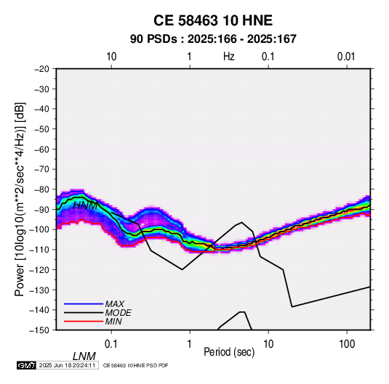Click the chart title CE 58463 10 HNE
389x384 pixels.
(x=213, y=20)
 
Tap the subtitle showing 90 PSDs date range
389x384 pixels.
(x=213, y=39)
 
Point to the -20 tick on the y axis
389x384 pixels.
(x=41, y=69)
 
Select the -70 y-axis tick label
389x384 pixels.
(x=41, y=169)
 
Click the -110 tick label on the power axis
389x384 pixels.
(x=40, y=250)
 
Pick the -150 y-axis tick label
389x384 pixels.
(x=40, y=330)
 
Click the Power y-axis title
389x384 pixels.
(x=20, y=199)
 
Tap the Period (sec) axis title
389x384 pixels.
(x=229, y=352)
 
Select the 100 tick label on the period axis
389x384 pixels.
(x=347, y=344)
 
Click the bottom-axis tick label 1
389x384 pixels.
(x=190, y=344)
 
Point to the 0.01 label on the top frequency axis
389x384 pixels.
(x=346, y=57)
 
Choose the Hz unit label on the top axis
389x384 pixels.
(x=229, y=57)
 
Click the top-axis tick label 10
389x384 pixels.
(x=111, y=57)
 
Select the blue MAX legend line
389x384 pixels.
(x=84, y=304)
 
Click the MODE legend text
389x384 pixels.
(x=118, y=313)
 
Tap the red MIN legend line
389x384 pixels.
(x=84, y=322)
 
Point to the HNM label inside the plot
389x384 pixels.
(x=85, y=205)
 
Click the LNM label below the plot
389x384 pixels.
(x=84, y=356)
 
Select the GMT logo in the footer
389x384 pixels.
(x=26, y=365)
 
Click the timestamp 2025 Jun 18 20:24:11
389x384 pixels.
(x=67, y=365)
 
